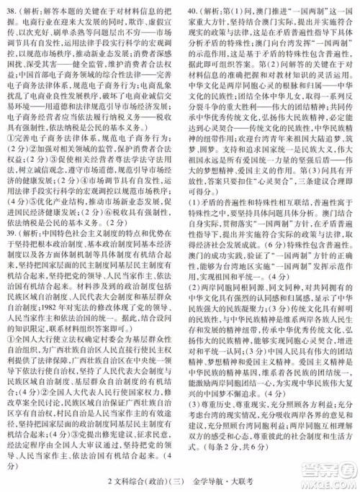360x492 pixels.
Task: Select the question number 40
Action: click(192, 12)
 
